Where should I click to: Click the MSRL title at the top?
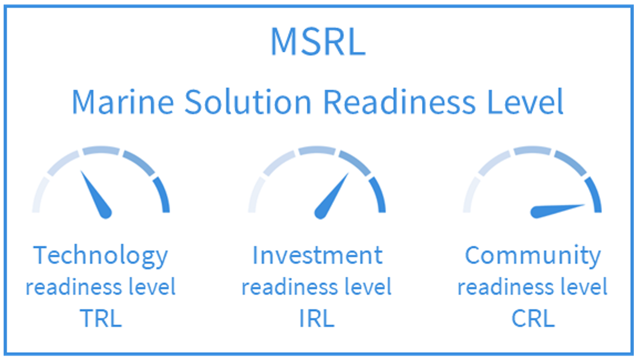318,42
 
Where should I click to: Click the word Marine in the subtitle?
123,102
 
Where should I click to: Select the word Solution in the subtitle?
248,102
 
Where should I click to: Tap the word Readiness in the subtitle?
399,102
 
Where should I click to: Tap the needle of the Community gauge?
557,210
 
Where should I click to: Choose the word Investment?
317,255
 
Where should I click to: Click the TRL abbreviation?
101,318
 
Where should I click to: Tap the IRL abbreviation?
317,318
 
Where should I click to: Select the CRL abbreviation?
533,318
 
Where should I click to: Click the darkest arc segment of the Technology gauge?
163,194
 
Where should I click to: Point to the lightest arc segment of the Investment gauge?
255,195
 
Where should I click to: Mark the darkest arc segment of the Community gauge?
594,194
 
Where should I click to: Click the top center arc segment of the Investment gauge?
317,150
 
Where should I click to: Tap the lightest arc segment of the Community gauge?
470,195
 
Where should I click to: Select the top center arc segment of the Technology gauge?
101,150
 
